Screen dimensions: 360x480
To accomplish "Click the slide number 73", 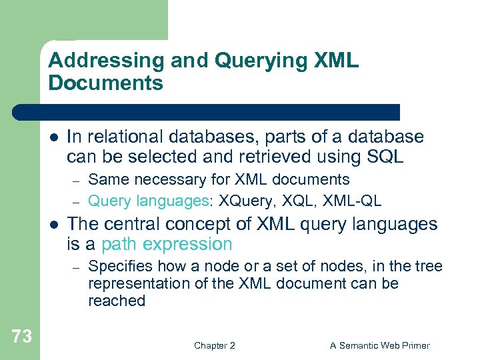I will tap(21, 337).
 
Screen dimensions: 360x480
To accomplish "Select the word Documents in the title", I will tap(106, 83).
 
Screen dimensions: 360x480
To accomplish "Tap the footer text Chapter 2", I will tap(214, 345).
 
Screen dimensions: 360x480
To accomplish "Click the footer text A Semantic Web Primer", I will tap(380, 345).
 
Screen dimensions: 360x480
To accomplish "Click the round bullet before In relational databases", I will tap(53, 137).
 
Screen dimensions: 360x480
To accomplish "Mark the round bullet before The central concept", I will tap(53, 225).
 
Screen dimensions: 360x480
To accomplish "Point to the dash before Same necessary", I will tap(77, 181).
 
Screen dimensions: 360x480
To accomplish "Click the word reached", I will tap(116, 301).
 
